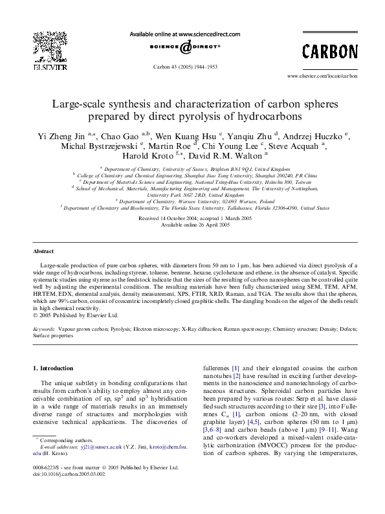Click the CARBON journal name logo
(330, 51)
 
